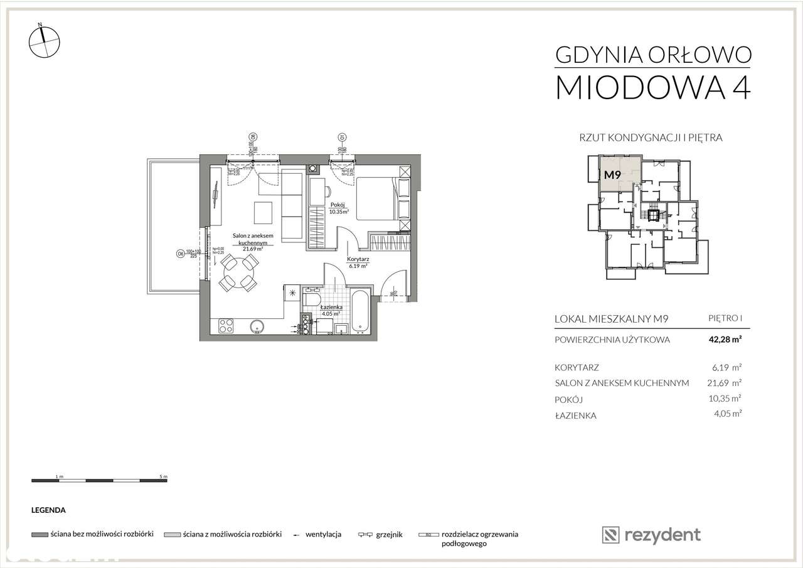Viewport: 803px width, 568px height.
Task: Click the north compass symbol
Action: pos(45,42)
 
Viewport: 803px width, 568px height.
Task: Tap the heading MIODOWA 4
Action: pos(652,87)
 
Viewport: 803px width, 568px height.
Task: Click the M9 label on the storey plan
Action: pos(612,176)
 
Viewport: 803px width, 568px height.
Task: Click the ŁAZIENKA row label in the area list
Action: pos(575,415)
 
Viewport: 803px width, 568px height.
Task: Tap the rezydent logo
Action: pos(651,535)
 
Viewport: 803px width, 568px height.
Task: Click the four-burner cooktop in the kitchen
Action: pos(225,326)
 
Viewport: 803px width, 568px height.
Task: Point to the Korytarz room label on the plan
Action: pos(357,259)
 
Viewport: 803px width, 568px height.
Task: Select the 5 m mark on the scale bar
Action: pos(163,476)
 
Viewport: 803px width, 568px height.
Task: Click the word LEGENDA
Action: pos(48,511)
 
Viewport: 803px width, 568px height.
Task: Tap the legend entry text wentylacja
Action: pos(323,535)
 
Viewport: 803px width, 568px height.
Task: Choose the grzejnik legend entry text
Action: pos(390,535)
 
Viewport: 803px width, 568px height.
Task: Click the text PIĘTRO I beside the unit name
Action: pos(725,319)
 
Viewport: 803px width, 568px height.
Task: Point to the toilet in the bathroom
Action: pos(307,304)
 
